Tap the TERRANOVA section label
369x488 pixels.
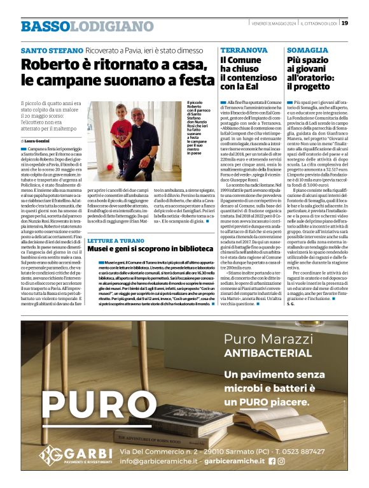(244, 50)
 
